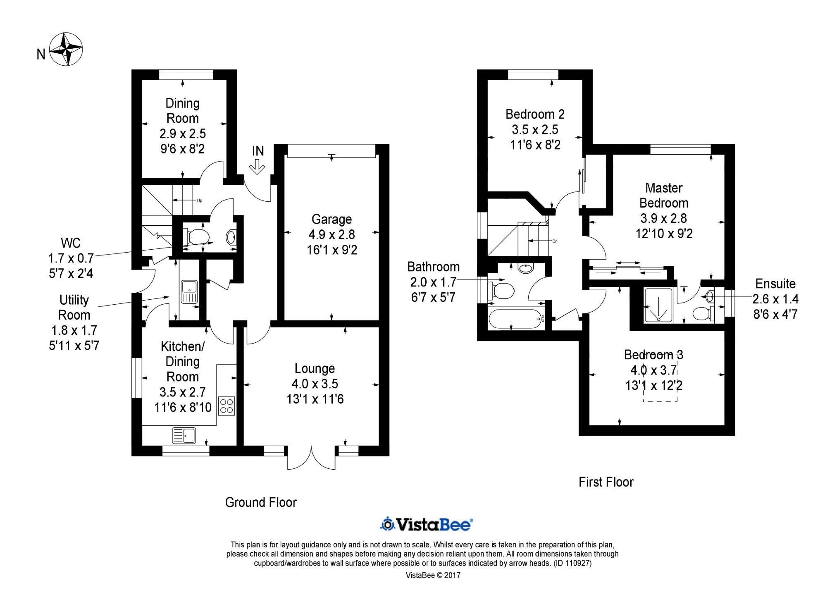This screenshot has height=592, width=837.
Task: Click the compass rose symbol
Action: (66, 49)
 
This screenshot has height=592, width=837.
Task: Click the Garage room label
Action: (332, 219)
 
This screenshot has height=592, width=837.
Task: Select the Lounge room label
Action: (315, 368)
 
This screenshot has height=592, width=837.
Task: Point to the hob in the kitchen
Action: (227, 406)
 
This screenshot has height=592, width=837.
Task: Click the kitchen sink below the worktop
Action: (184, 436)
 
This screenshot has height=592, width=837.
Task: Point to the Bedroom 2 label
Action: (535, 114)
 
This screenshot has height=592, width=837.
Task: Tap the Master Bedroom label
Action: (664, 196)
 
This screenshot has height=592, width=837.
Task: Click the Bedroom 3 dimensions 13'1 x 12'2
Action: (653, 386)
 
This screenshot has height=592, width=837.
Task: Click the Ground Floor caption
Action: (261, 502)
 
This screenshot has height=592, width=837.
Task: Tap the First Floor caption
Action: (606, 482)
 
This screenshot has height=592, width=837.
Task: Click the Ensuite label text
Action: (775, 284)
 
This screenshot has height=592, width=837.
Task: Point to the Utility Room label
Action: (74, 307)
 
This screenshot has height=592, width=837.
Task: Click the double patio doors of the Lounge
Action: (311, 458)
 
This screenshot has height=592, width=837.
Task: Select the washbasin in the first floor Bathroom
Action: (525, 268)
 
